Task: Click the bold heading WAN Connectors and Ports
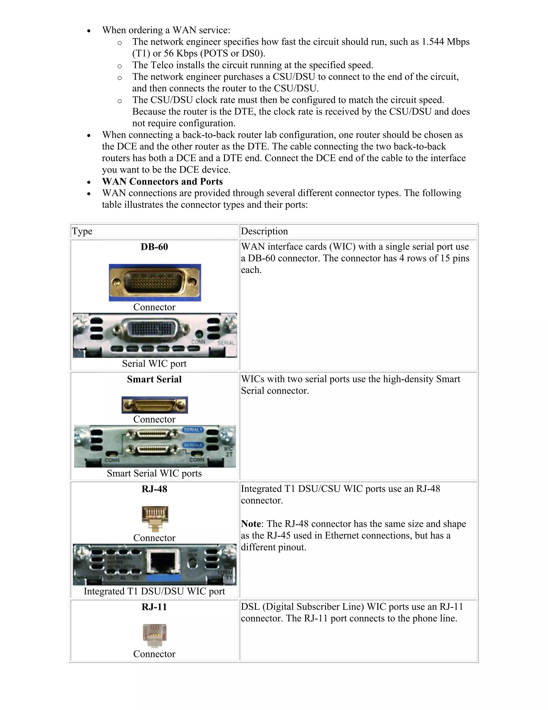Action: (162, 181)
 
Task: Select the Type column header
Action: (82, 231)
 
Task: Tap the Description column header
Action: (264, 231)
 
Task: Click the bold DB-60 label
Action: (154, 247)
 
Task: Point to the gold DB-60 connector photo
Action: (155, 282)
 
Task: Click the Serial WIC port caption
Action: (154, 364)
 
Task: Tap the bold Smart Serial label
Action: (154, 379)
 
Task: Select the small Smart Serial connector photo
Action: (155, 405)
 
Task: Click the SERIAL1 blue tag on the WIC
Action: (193, 430)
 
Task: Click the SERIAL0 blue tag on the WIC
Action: (193, 445)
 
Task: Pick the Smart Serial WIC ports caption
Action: (154, 473)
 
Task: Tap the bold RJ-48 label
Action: (154, 489)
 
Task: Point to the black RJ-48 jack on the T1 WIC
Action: (163, 564)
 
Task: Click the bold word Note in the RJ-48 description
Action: (251, 524)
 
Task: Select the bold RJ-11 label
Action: (154, 607)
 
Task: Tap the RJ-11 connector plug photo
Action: (155, 635)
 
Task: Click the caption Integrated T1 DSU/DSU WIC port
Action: (154, 591)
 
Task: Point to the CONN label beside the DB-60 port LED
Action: (198, 342)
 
